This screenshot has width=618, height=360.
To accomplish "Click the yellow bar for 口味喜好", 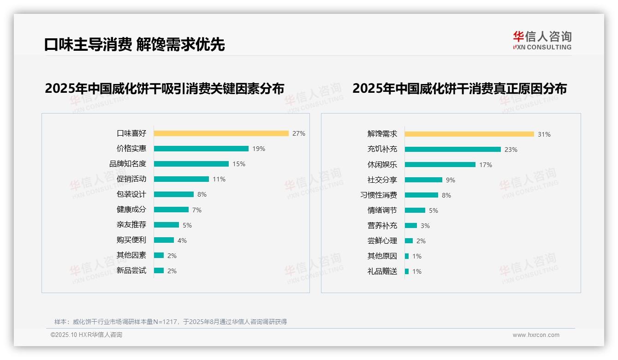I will [x=221, y=133].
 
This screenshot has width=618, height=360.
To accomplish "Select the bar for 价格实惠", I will [x=201, y=149].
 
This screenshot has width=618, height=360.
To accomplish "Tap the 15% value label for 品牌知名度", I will [x=239, y=164].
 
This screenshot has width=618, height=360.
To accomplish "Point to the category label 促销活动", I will [x=131, y=179].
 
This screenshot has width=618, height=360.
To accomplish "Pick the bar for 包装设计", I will [x=174, y=194].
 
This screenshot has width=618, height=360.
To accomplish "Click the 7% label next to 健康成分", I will [x=197, y=210].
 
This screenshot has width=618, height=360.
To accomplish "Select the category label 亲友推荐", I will [x=131, y=225].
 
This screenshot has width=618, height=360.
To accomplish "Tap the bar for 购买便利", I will [x=164, y=240].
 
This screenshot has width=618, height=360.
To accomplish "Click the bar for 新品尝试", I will [x=159, y=270].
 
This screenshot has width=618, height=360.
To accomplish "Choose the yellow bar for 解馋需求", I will [x=469, y=134].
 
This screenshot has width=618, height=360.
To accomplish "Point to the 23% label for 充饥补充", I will [x=511, y=150].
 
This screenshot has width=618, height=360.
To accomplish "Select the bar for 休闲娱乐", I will [x=440, y=165].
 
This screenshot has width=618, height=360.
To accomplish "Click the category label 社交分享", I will [x=382, y=180].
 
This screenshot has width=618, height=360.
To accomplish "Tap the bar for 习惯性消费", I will [x=421, y=195].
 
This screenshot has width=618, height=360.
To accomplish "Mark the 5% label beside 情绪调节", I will [x=434, y=210].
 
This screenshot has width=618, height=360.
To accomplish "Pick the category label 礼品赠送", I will [x=382, y=271].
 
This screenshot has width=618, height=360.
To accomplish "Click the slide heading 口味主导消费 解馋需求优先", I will [x=134, y=44].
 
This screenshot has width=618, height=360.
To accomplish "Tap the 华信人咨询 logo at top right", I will [x=542, y=41].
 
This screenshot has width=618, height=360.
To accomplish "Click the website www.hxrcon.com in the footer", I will [x=536, y=335].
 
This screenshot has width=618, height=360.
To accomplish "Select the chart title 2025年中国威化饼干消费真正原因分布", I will [x=459, y=88].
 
